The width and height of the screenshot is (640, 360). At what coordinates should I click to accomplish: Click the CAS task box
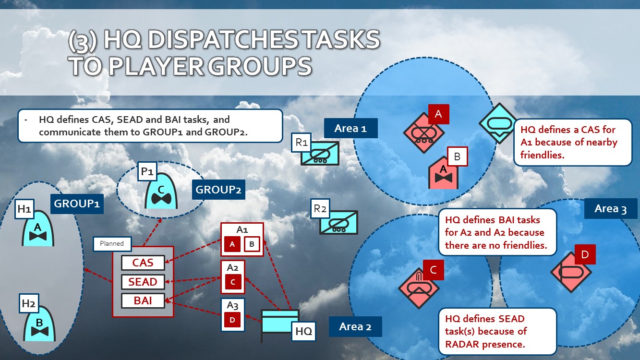tap(143, 263)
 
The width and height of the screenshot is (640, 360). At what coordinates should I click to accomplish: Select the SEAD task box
tap(143, 282)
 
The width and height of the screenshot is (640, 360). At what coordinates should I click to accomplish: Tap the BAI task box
tap(143, 300)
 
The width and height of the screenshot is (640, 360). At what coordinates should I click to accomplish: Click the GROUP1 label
tap(77, 204)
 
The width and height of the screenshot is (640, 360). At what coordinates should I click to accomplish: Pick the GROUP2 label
tap(218, 190)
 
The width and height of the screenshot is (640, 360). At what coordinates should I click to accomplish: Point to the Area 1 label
tap(350, 128)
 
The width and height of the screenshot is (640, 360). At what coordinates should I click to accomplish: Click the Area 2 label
tap(355, 326)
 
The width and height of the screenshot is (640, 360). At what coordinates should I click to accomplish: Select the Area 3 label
tap(610, 209)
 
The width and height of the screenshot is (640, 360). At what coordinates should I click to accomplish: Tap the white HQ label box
tap(303, 331)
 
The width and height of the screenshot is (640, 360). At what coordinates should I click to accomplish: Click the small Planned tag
tap(111, 244)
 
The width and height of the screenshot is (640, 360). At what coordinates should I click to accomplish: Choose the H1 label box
tap(24, 209)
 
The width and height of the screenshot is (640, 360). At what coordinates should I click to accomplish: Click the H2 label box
tap(29, 303)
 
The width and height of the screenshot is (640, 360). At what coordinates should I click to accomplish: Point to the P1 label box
tap(147, 171)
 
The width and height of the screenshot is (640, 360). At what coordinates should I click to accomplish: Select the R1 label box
tap(302, 142)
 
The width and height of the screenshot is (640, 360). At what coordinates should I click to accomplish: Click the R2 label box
tap(320, 209)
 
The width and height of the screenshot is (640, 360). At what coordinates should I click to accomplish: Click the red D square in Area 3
tap(585, 254)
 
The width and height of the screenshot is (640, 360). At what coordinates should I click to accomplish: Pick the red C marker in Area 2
tap(433, 270)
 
